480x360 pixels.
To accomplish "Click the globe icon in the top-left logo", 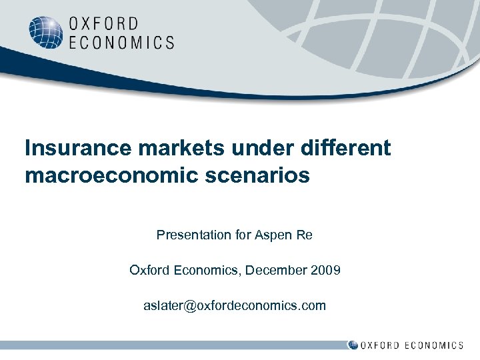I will [x=46, y=33].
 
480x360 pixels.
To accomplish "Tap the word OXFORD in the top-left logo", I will [x=103, y=25].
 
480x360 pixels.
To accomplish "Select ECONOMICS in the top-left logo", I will [x=121, y=43].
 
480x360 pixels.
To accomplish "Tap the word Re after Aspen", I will [x=305, y=235].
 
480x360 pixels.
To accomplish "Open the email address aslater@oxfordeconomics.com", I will [x=235, y=305].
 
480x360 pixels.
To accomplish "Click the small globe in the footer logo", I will [x=353, y=345].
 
